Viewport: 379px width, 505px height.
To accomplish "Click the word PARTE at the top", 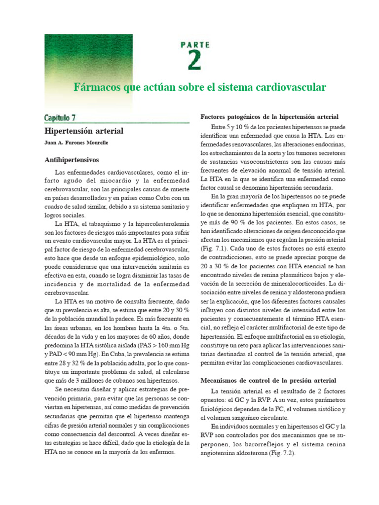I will pos(194,44).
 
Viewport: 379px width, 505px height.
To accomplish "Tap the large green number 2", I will pos(194,61).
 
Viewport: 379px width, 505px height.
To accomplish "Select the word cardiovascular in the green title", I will pos(290,87).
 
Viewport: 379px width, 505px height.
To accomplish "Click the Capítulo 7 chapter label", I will pos(60,117).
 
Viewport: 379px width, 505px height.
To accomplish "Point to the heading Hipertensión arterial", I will pos(84,131).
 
